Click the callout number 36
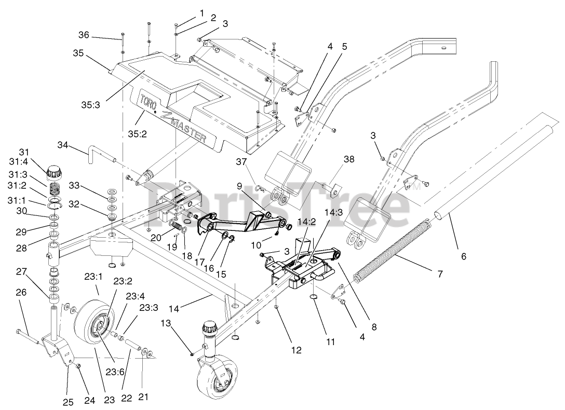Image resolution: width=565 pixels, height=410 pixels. pos(84,35)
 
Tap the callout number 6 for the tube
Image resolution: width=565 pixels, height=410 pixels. pos(464,256)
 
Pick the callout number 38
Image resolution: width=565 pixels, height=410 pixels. pos(349,159)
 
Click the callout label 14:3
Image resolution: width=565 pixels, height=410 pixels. pos(333,213)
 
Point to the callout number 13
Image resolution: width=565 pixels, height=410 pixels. pos(165,323)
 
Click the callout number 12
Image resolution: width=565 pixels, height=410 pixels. pos(296,350)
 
